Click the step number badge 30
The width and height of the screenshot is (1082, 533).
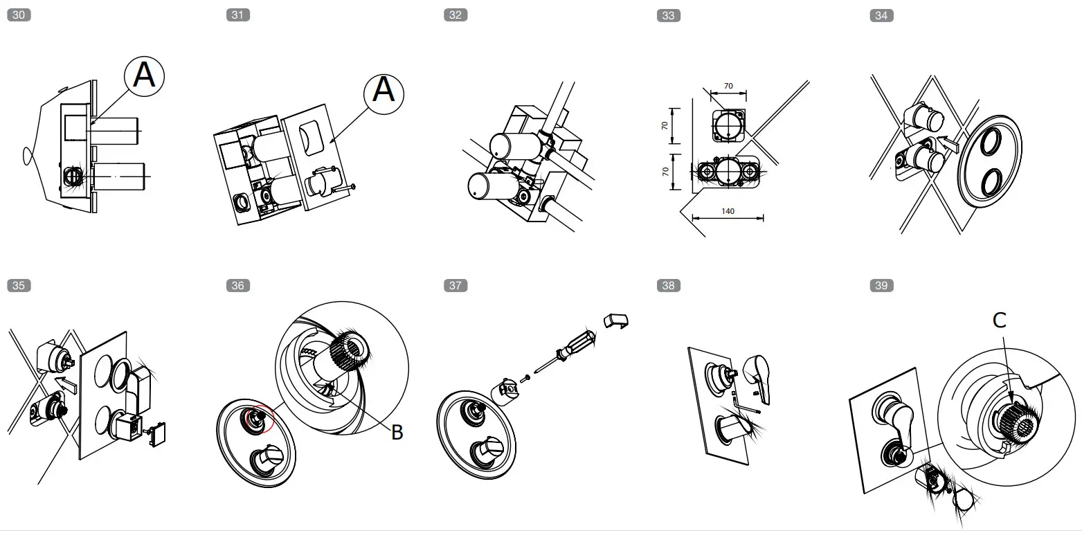[18, 15]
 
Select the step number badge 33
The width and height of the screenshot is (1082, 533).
[667, 15]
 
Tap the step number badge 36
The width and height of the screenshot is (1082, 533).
[237, 285]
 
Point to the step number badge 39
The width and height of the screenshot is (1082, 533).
[881, 285]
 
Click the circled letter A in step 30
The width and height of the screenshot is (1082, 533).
[144, 75]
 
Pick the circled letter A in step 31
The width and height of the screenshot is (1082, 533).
[384, 90]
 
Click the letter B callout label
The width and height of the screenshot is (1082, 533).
[397, 433]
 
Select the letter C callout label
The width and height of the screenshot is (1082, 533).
[999, 320]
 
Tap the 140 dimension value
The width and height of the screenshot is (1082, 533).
[728, 211]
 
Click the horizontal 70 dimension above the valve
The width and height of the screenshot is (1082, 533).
[728, 87]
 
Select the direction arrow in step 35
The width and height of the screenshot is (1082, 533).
[65, 381]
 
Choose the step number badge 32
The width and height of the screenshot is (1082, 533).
[455, 15]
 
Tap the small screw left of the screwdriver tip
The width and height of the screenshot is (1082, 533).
[525, 377]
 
